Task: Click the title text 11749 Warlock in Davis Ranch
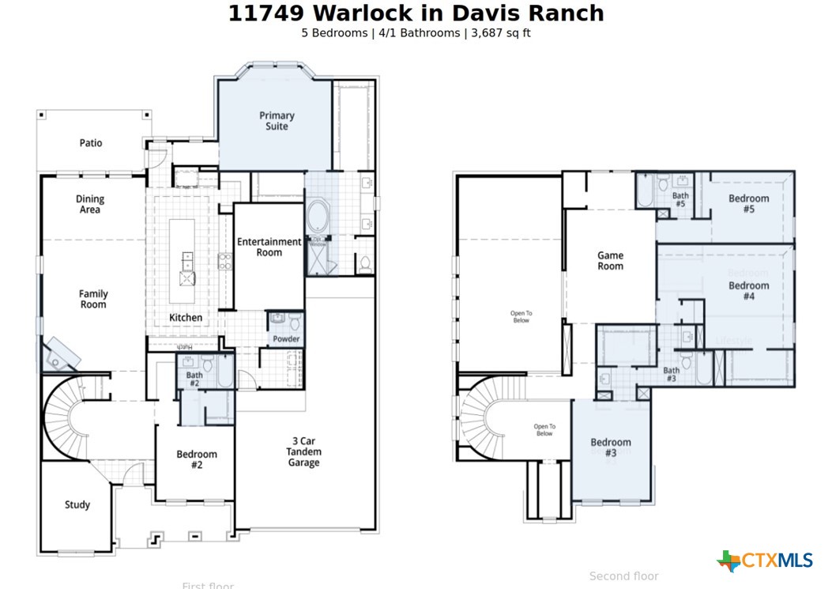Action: [416, 13]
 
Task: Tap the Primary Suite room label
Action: [277, 121]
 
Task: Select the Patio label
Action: [91, 143]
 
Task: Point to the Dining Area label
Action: [90, 205]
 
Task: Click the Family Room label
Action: [93, 299]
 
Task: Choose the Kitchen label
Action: [186, 318]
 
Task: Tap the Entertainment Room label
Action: [269, 247]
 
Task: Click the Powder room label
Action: [286, 339]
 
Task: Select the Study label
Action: [77, 504]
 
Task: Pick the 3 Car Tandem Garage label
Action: [303, 451]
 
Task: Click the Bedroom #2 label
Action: [197, 459]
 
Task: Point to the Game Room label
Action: [610, 261]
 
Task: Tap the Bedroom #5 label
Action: [748, 204]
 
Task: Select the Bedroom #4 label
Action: [748, 291]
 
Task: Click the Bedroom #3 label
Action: [611, 447]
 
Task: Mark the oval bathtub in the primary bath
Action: [319, 216]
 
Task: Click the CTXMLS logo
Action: [765, 561]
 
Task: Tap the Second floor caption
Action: [623, 576]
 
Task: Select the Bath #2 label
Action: [194, 379]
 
